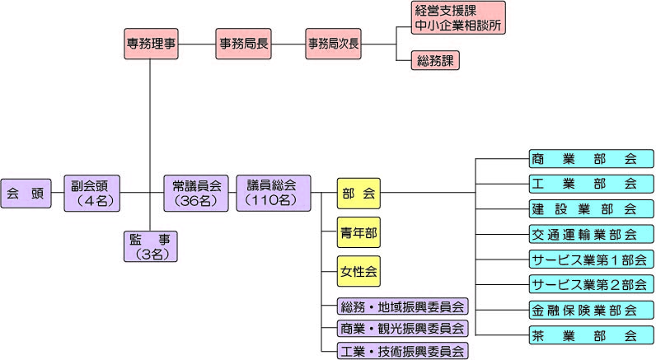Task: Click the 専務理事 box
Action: (150, 42)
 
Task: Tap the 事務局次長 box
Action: (333, 42)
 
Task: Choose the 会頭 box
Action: (25, 194)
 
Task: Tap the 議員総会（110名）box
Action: (271, 194)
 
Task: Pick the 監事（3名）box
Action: (149, 246)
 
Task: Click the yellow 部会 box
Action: (358, 194)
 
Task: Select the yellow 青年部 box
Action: (358, 232)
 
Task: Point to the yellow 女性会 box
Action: (358, 270)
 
